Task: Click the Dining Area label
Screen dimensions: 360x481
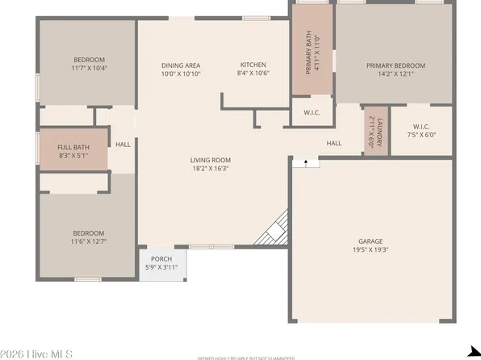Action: point(180,65)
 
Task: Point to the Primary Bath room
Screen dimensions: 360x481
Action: point(312,50)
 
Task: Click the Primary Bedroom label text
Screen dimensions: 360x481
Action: point(395,65)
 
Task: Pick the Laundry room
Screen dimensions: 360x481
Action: point(377,130)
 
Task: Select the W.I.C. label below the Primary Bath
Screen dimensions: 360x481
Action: point(312,112)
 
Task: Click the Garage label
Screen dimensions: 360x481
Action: point(370,241)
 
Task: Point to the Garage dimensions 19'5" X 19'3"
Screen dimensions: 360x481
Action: point(370,249)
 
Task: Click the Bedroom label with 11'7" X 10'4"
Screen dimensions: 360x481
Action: point(89,60)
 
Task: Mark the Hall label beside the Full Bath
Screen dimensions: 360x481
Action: point(123,144)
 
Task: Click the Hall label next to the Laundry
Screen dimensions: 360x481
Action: point(333,144)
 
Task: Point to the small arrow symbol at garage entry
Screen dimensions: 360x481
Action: point(306,163)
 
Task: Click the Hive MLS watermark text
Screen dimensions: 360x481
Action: point(37,354)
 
